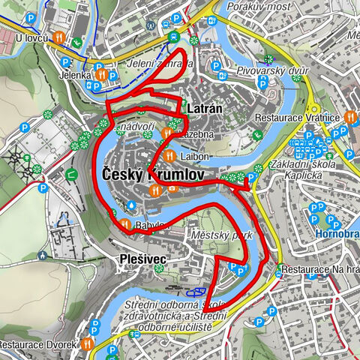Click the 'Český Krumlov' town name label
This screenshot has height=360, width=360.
click(x=145, y=174)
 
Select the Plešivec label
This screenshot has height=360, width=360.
click(x=142, y=259)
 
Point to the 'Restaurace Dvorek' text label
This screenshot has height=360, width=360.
click(x=38, y=345)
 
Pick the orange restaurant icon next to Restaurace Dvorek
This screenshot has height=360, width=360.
click(x=88, y=343)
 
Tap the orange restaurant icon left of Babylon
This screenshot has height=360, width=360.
click(x=125, y=224)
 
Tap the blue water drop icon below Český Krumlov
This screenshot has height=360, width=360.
click(x=132, y=203)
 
